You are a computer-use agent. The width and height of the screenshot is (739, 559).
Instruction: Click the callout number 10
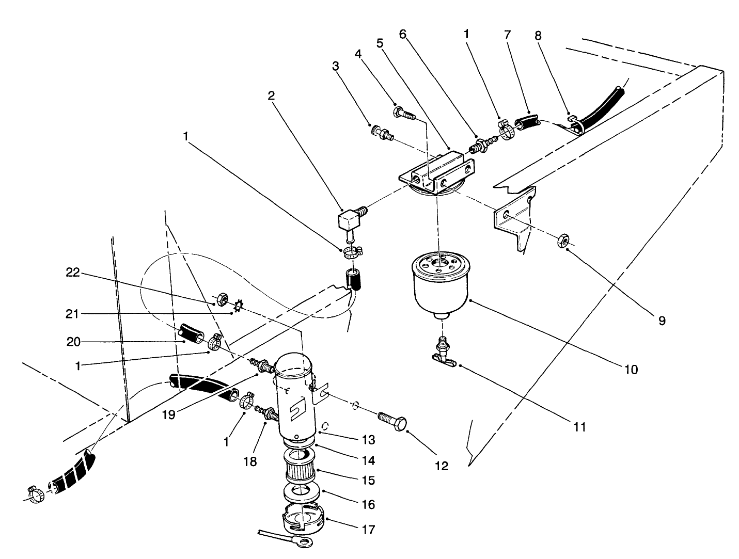(632, 370)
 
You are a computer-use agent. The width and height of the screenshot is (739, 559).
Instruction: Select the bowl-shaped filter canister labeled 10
(439, 283)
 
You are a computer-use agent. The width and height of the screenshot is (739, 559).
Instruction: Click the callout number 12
(442, 466)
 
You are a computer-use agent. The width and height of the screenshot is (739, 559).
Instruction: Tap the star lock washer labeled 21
(239, 307)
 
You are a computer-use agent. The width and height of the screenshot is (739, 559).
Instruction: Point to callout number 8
(539, 36)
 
